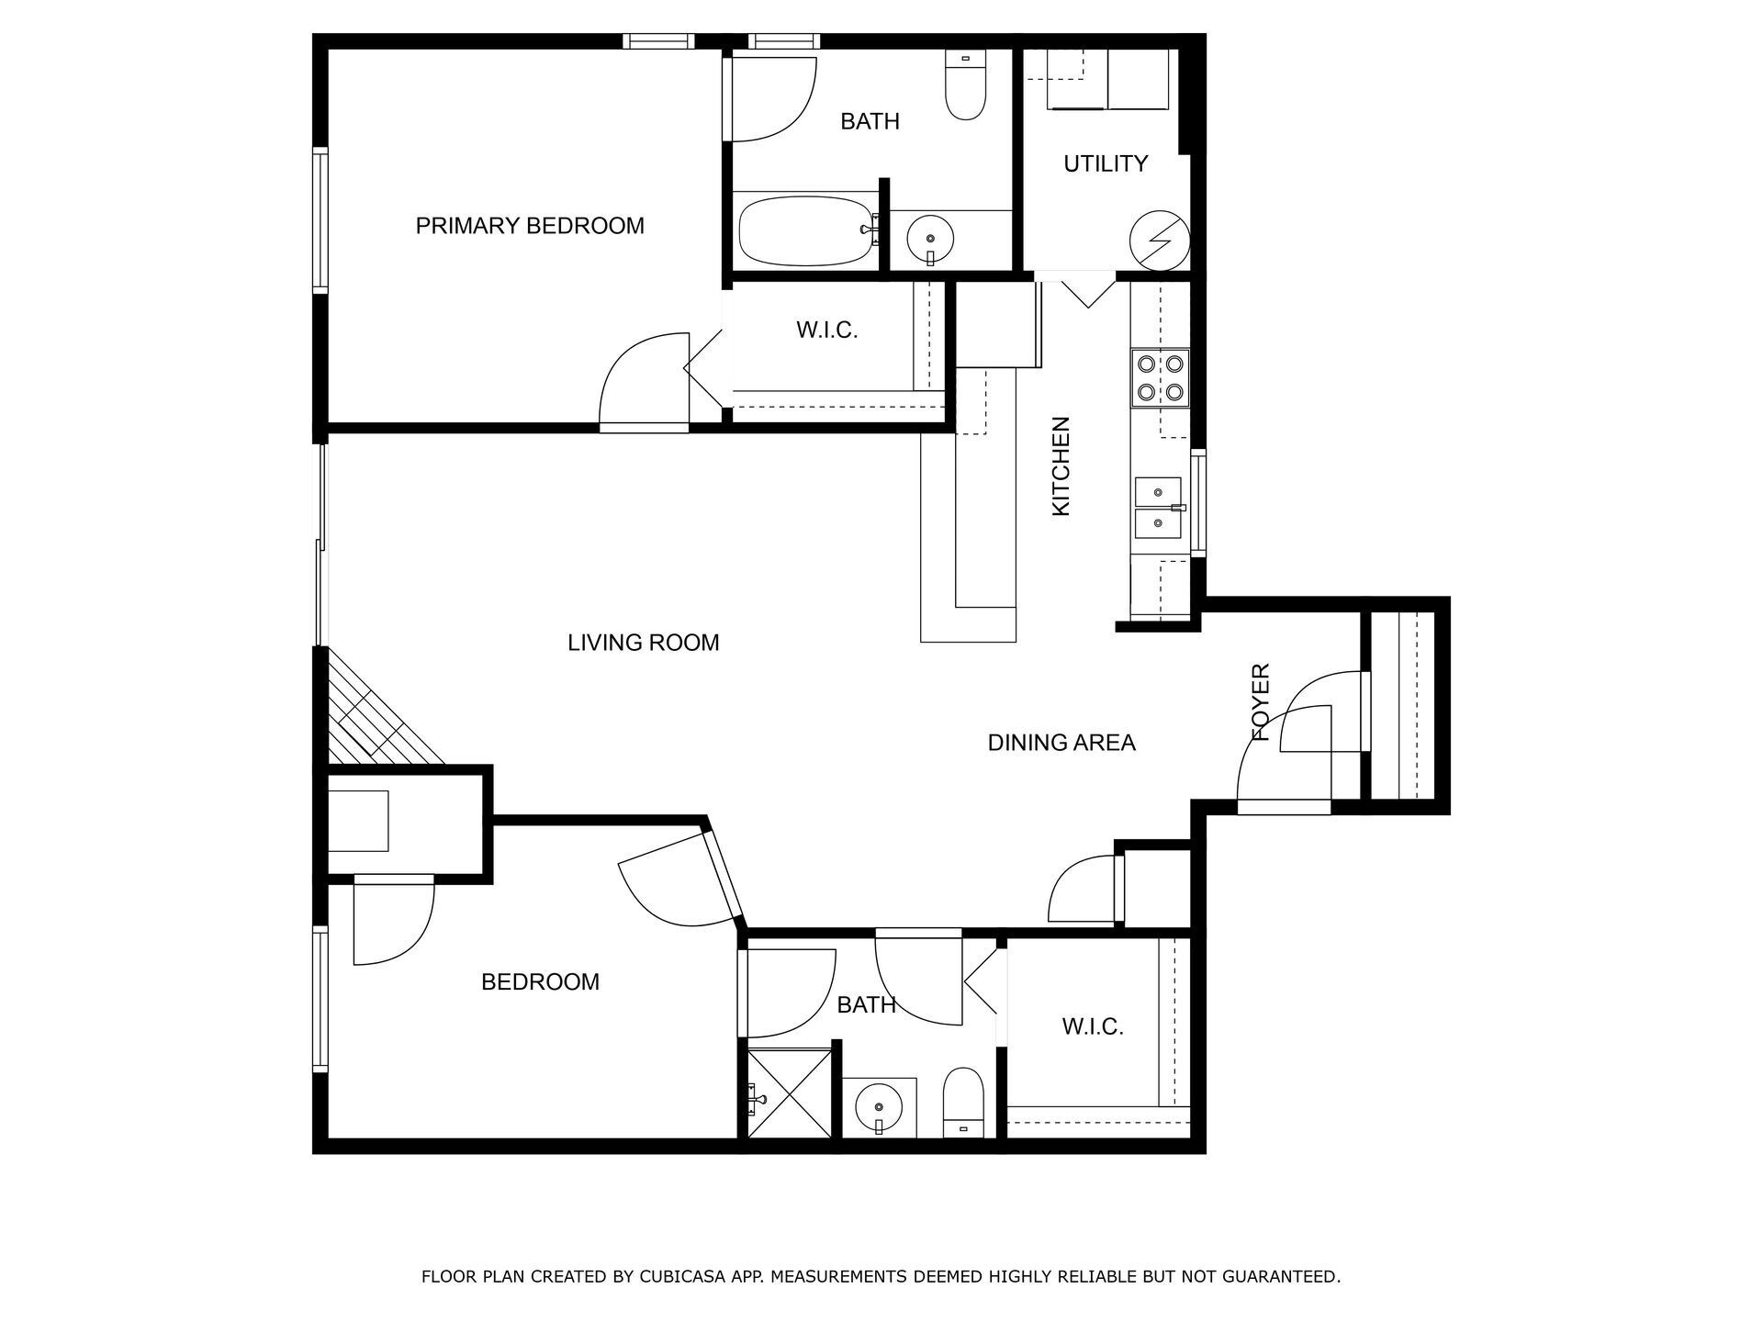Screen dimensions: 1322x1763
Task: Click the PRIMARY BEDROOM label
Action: [x=530, y=226]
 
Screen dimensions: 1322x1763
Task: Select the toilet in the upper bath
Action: [x=964, y=90]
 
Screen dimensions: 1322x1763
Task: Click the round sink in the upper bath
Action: [x=929, y=239]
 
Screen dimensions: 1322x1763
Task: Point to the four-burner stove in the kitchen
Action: [x=1160, y=378]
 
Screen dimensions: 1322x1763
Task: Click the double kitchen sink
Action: [x=1157, y=508]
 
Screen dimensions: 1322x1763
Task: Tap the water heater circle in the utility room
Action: [x=1159, y=241]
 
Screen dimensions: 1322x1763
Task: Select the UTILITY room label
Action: [x=1106, y=163]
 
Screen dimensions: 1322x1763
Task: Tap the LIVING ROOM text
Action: [x=643, y=643]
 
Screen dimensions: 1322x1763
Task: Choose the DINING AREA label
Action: [x=1061, y=743]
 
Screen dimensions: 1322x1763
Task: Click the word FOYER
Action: [x=1262, y=702]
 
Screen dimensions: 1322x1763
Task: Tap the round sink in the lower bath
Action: [x=879, y=1108]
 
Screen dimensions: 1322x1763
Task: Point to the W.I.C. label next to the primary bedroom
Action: [x=826, y=330]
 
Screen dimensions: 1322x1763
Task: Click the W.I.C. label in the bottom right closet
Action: [x=1093, y=1026]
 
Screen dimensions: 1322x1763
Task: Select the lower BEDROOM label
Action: [x=540, y=982]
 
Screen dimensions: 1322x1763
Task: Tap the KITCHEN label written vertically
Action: [x=1061, y=466]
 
